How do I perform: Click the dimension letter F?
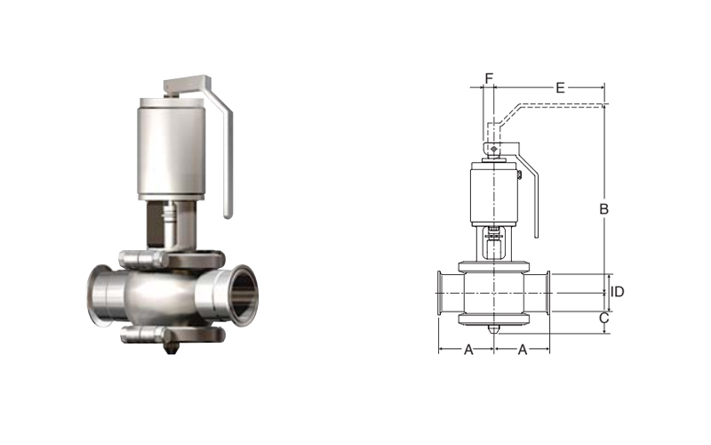click(x=489, y=78)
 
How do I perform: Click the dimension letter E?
click(x=560, y=87)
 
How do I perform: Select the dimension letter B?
click(x=603, y=209)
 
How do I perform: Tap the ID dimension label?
click(x=618, y=292)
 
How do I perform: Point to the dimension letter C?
click(x=603, y=318)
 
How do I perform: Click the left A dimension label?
click(x=468, y=349)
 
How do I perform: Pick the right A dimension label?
click(x=523, y=349)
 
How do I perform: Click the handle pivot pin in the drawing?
click(x=494, y=149)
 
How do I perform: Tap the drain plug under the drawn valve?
click(x=493, y=328)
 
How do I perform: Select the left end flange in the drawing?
click(x=439, y=293)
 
